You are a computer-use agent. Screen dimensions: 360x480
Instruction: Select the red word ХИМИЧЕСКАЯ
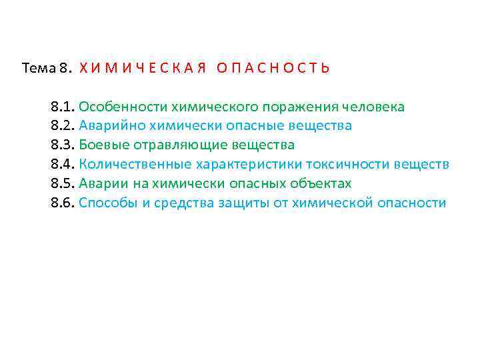(141, 68)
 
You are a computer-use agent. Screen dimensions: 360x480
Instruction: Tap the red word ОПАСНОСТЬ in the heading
(273, 68)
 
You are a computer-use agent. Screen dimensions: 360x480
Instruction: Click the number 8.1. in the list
(63, 107)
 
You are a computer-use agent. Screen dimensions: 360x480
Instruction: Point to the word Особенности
(123, 107)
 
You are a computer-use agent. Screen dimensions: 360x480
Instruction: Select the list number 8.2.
(63, 126)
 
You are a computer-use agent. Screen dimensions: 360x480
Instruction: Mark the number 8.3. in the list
(63, 145)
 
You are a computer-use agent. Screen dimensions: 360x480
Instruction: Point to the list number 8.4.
(63, 165)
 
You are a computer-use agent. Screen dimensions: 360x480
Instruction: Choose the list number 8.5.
(63, 184)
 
